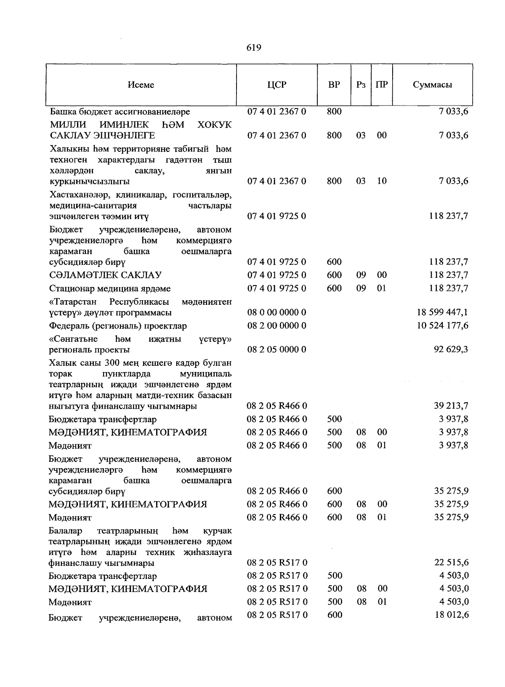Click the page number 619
click(254, 48)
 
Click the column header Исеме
click(141, 85)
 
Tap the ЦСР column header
click(276, 85)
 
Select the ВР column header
click(334, 85)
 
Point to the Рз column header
click(361, 85)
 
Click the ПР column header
click(382, 85)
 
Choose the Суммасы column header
click(432, 85)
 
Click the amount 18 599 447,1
click(442, 312)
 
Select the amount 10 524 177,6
click(442, 325)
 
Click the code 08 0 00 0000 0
click(276, 312)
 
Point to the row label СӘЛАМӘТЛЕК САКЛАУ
click(105, 275)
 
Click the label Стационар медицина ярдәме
click(110, 289)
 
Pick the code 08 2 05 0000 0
click(276, 349)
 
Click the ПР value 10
click(382, 181)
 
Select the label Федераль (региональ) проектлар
click(118, 326)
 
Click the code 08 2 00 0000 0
click(276, 325)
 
